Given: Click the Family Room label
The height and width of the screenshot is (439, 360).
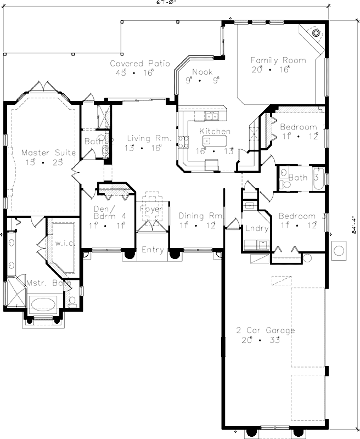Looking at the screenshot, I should pos(278,60).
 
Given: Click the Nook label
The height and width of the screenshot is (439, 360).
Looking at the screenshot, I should pos(201,72).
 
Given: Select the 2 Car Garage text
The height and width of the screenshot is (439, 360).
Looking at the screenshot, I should pos(266,330).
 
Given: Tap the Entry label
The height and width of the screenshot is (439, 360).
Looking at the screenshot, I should pos(152,250).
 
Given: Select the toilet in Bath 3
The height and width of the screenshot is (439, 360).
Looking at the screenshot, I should pos(284,185).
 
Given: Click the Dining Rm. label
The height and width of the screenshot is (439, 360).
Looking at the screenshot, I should pos(201,216).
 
